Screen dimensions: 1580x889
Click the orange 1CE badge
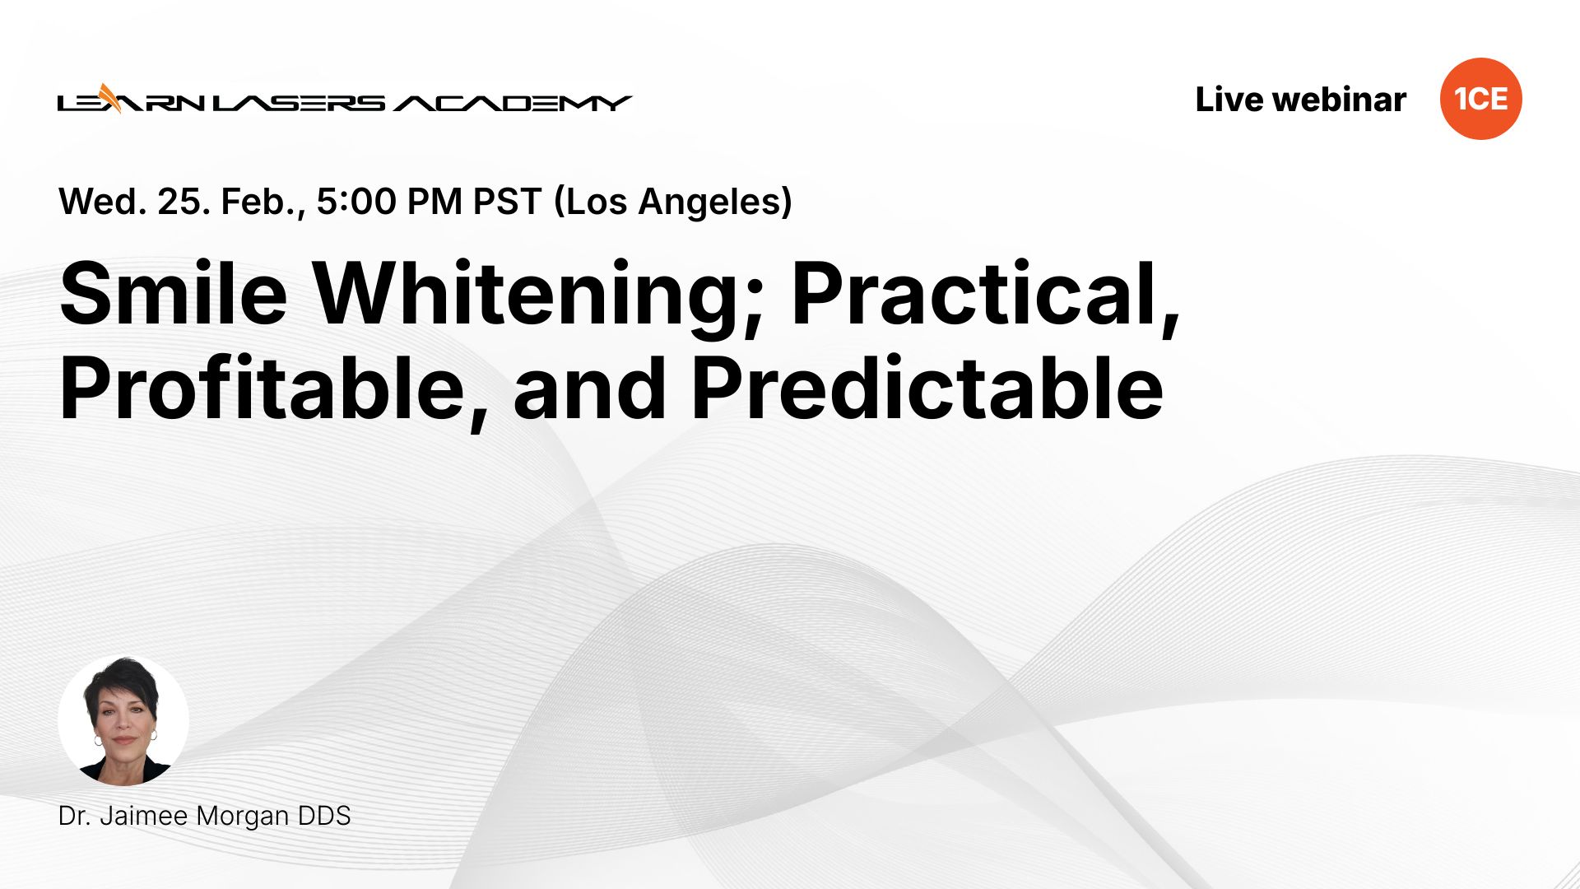(1480, 99)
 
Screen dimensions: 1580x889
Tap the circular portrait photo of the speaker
(123, 720)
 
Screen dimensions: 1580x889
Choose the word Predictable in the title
(927, 389)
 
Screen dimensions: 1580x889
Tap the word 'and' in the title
(589, 389)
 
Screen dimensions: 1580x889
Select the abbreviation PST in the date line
(507, 202)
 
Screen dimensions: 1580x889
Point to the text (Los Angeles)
(673, 202)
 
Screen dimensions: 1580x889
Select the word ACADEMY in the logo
(512, 103)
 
